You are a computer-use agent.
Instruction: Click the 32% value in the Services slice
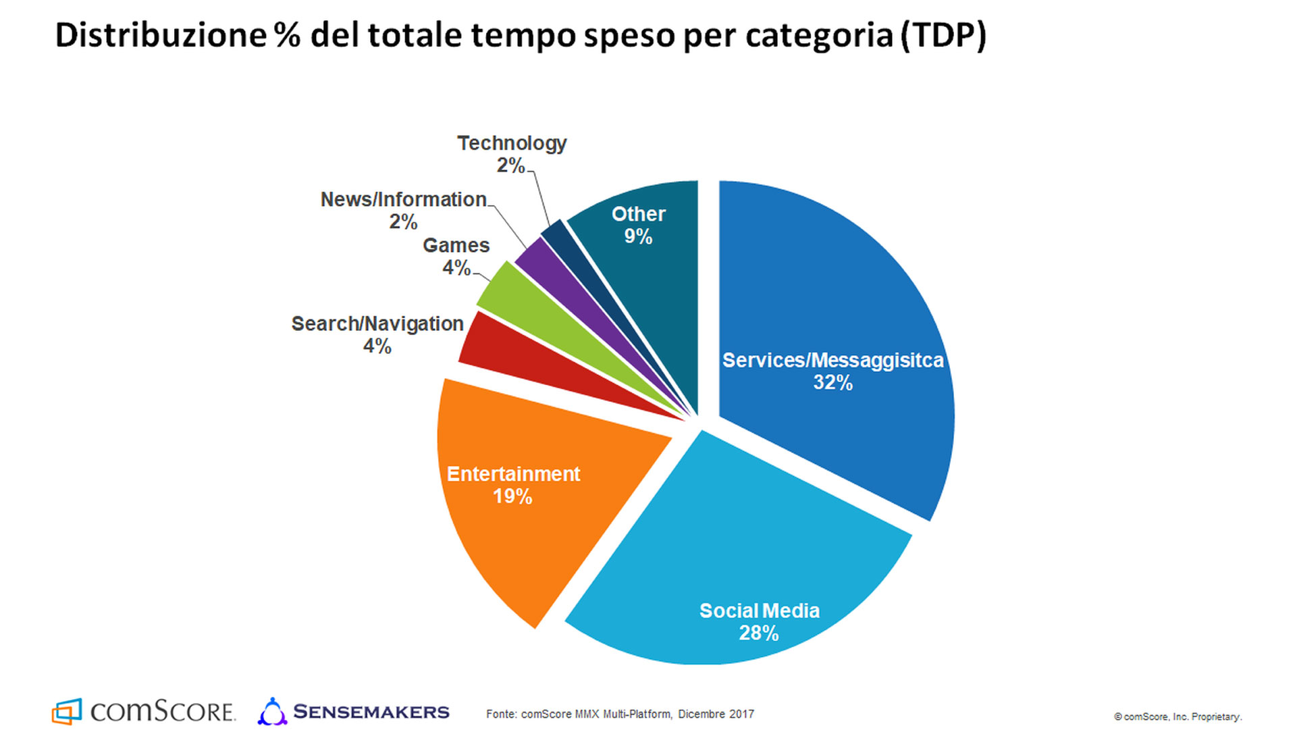click(x=832, y=383)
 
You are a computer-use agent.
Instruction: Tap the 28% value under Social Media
click(x=758, y=633)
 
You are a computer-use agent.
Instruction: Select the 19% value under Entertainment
click(x=512, y=497)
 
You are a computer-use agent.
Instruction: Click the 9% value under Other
click(x=638, y=237)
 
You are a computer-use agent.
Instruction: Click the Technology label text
click(x=512, y=143)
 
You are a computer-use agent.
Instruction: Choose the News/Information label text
click(x=403, y=200)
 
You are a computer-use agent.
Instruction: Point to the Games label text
click(x=456, y=245)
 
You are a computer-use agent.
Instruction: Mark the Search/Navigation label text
click(x=377, y=324)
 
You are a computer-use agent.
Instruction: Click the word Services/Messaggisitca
click(x=832, y=361)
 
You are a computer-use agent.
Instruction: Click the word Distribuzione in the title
click(x=161, y=35)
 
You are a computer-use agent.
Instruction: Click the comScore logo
click(x=143, y=711)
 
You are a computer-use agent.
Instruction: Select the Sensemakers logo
click(x=353, y=712)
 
